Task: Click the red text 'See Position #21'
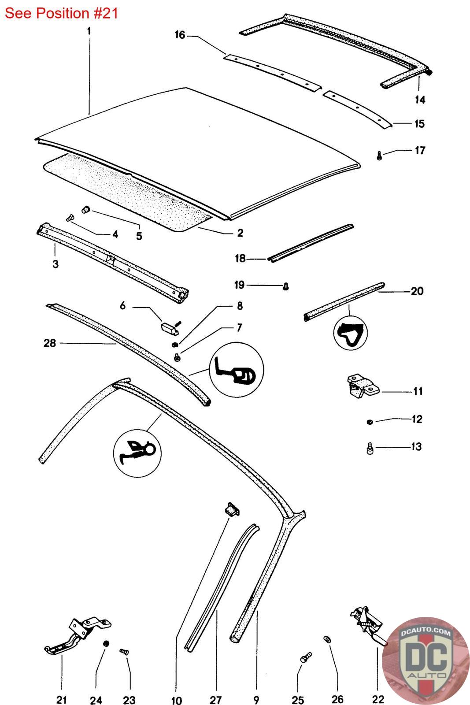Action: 62,13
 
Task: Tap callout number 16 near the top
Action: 180,35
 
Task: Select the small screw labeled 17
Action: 379,155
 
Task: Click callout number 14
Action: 420,100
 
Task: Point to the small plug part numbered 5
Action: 86,209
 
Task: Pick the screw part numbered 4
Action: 70,218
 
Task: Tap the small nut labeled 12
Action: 369,422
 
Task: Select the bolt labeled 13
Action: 370,449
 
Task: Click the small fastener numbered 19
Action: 286,286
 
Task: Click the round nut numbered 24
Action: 106,644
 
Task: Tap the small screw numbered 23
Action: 124,651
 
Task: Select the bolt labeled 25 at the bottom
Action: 305,658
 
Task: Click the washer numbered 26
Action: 327,639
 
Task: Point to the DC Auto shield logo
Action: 426,661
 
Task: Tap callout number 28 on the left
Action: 50,343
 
